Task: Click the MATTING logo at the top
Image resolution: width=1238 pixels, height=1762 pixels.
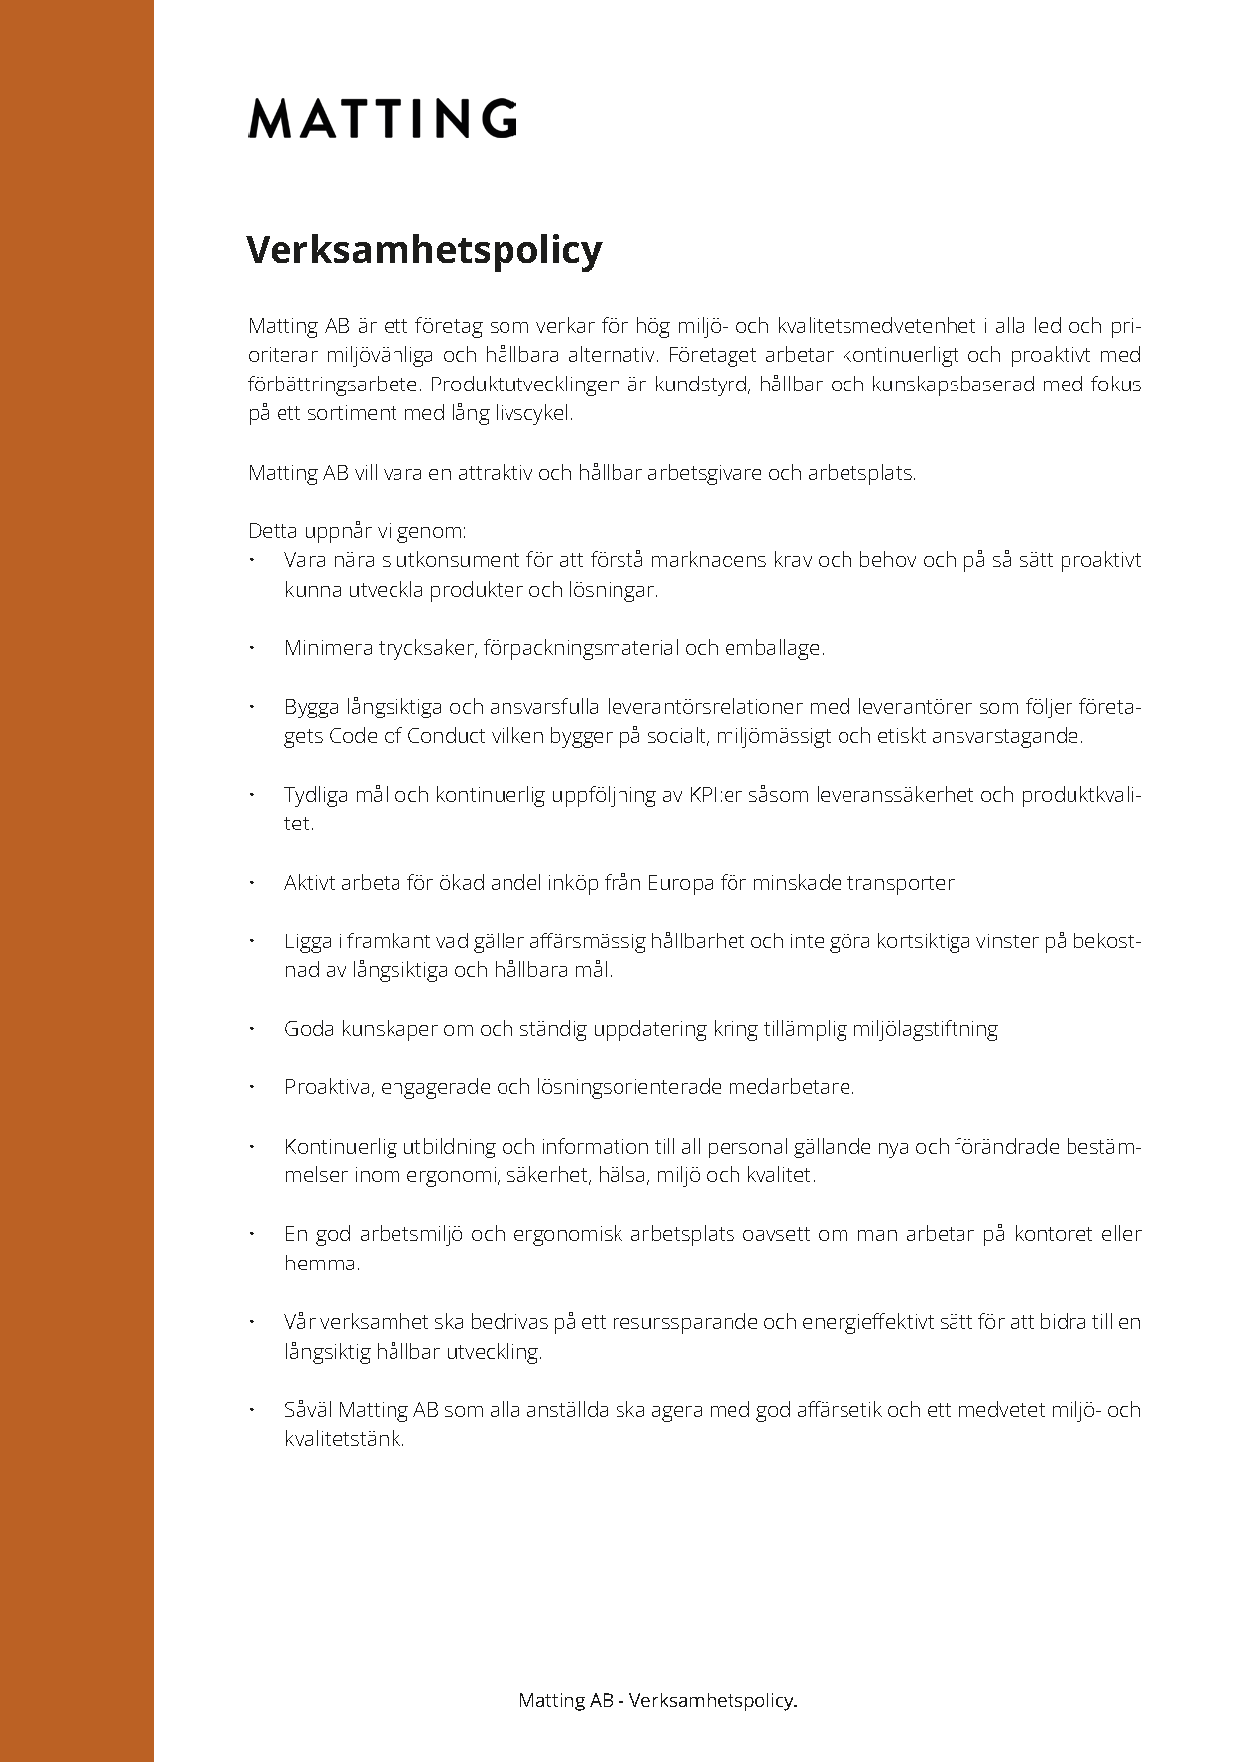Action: click(383, 118)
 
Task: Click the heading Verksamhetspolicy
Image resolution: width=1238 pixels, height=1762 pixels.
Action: click(424, 249)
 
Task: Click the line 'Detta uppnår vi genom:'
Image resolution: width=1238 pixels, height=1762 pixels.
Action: click(357, 531)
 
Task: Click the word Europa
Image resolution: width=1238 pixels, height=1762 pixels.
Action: click(680, 883)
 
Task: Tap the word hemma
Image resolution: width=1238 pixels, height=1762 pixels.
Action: click(321, 1264)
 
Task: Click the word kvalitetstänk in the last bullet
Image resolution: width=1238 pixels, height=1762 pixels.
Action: click(344, 1439)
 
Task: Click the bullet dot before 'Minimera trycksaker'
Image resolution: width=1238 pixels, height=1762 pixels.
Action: click(253, 647)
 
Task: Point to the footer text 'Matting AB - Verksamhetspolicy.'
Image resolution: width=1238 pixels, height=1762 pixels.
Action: click(658, 1700)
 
